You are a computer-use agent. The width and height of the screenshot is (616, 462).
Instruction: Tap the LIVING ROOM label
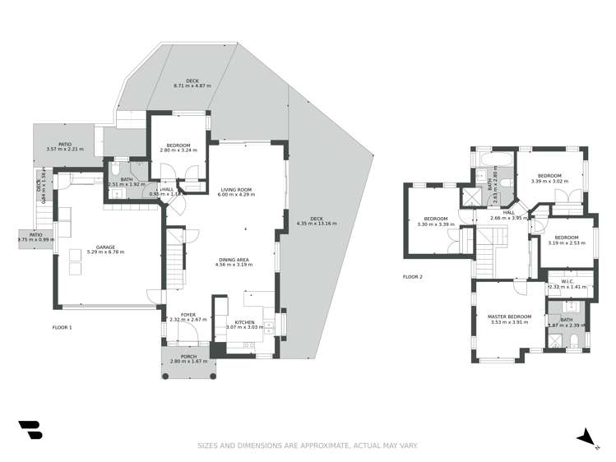(234, 189)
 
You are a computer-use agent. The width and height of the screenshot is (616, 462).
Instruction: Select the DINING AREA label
(232, 260)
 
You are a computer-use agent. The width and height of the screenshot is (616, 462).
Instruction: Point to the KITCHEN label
(245, 321)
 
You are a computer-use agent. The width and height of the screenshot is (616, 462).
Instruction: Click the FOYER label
(188, 314)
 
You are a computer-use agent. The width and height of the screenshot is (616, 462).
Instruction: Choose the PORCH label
(188, 356)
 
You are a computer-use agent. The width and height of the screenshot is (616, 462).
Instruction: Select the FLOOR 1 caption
(62, 327)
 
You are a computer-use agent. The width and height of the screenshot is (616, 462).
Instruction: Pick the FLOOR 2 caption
(412, 276)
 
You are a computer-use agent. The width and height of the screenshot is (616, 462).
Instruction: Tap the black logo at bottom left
(30, 430)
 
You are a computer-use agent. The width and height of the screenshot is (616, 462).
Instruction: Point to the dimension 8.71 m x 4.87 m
(192, 85)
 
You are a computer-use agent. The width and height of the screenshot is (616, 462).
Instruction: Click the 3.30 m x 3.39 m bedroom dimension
(435, 224)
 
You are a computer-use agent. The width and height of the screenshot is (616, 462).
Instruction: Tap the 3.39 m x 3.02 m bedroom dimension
(549, 182)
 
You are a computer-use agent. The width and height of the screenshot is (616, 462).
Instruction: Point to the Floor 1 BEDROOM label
(174, 146)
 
